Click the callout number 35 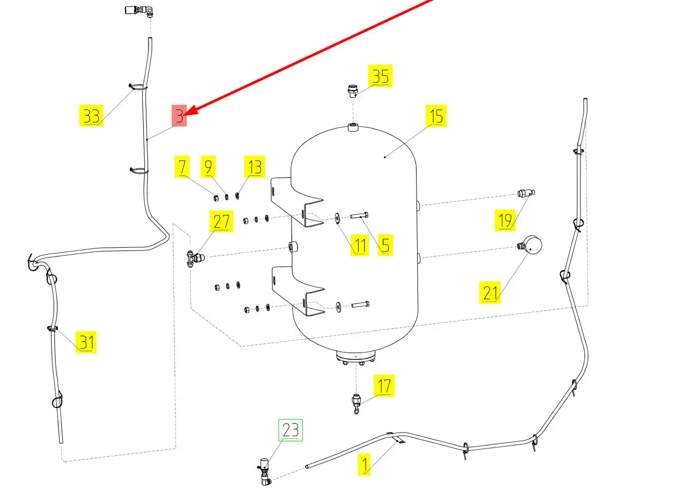click(380, 76)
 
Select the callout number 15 click(436, 116)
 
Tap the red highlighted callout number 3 click(179, 115)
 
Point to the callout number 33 click(91, 115)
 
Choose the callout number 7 click(182, 167)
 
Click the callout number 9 click(208, 167)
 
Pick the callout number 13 click(255, 167)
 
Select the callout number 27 click(221, 221)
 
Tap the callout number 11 click(360, 245)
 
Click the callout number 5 click(385, 245)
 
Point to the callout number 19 click(505, 220)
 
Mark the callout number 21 click(490, 293)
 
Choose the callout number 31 click(86, 342)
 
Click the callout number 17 click(384, 386)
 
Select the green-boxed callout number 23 click(290, 430)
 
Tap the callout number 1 click(365, 465)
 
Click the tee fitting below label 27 click(195, 258)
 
